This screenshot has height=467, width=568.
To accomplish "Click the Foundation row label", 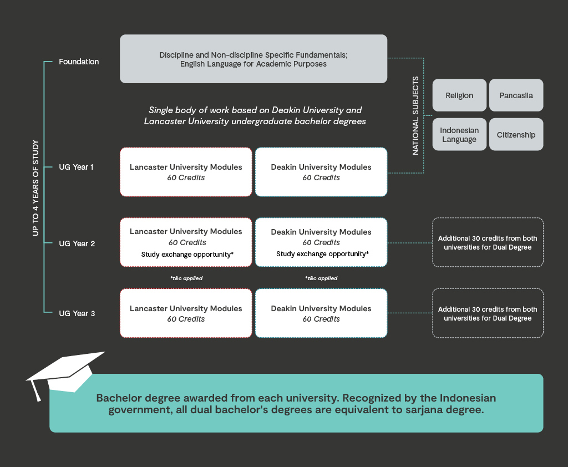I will pyautogui.click(x=79, y=62).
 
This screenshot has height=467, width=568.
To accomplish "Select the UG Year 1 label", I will pyautogui.click(x=77, y=167).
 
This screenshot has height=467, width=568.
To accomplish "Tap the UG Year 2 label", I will pyautogui.click(x=77, y=243).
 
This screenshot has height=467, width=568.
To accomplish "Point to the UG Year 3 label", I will pyautogui.click(x=77, y=313).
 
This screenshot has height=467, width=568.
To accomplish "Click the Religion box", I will pyautogui.click(x=459, y=95).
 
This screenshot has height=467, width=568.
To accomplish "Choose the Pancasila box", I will pyautogui.click(x=516, y=95).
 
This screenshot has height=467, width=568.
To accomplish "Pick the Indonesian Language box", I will pyautogui.click(x=459, y=135).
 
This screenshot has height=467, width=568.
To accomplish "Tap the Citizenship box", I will pyautogui.click(x=516, y=135).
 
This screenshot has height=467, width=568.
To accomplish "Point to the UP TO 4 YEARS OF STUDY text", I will pyautogui.click(x=35, y=188).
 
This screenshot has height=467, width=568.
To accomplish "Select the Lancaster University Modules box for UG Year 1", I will pyautogui.click(x=186, y=172).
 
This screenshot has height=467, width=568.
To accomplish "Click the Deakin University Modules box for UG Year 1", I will pyautogui.click(x=321, y=172).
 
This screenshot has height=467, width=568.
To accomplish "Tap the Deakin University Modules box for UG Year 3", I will pyautogui.click(x=321, y=313).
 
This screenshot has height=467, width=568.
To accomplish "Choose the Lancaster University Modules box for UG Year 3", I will pyautogui.click(x=186, y=313).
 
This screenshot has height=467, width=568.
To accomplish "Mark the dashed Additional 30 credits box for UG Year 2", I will pyautogui.click(x=488, y=242).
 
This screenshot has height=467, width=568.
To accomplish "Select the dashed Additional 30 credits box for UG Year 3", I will pyautogui.click(x=488, y=313).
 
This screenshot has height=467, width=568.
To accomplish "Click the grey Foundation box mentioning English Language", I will pyautogui.click(x=253, y=59).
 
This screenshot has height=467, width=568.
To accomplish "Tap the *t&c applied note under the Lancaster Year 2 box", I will pyautogui.click(x=186, y=278).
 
